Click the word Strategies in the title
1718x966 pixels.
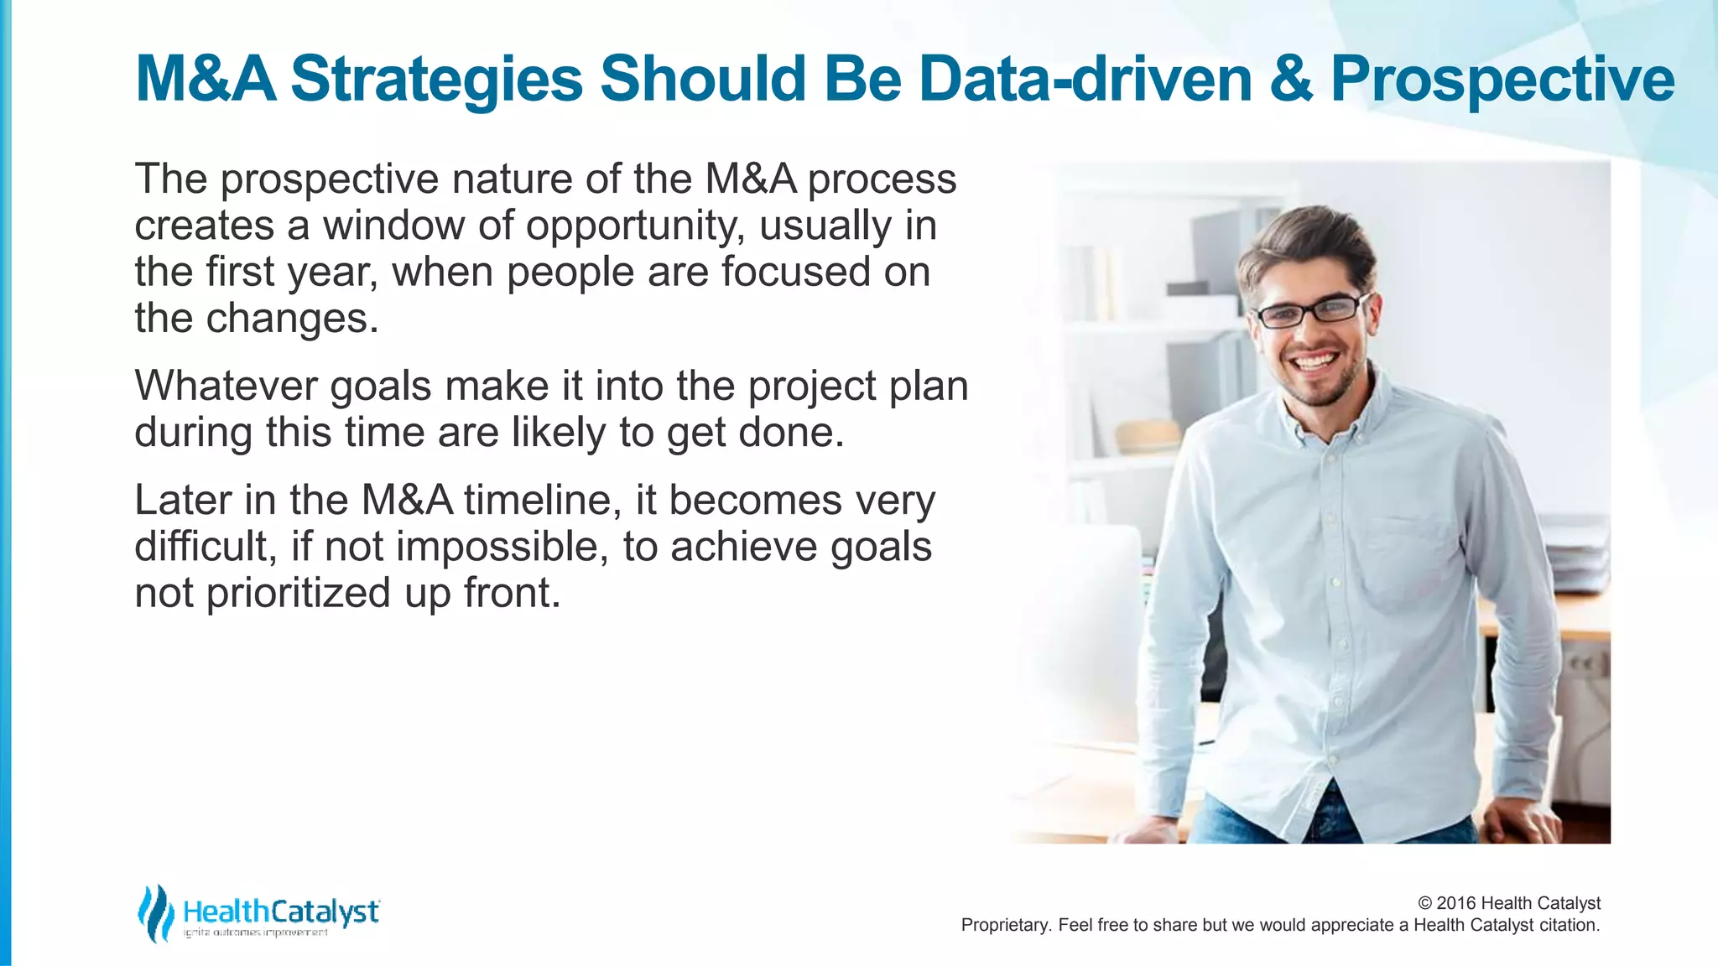(x=436, y=80)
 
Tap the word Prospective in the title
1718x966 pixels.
(x=1502, y=80)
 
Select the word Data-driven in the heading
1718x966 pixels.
(x=1085, y=80)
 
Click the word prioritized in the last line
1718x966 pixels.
(x=299, y=593)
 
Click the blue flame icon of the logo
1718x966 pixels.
(x=155, y=913)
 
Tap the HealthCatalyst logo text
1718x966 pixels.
(x=281, y=911)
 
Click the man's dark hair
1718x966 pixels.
(x=1309, y=239)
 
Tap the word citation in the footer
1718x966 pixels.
(x=1568, y=925)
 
